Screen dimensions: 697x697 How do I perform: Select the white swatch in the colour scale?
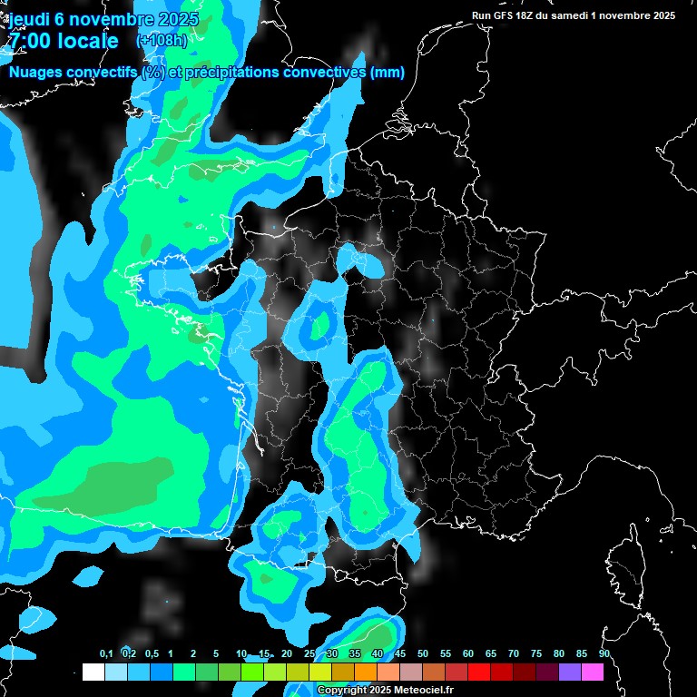(x=93, y=672)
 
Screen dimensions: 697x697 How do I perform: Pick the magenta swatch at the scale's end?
(x=593, y=672)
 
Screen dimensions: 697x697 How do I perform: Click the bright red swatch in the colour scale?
(x=478, y=672)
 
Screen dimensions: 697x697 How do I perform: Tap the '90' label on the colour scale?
(x=604, y=654)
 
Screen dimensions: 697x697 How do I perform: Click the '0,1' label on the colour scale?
(x=106, y=654)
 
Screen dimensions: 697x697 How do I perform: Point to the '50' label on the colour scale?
(x=423, y=654)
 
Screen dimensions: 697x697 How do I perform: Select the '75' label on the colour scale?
(x=536, y=654)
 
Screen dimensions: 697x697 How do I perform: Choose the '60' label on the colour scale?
(x=468, y=654)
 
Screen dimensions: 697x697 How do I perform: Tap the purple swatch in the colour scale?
(x=570, y=672)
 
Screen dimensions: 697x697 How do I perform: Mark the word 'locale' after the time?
(x=86, y=41)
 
